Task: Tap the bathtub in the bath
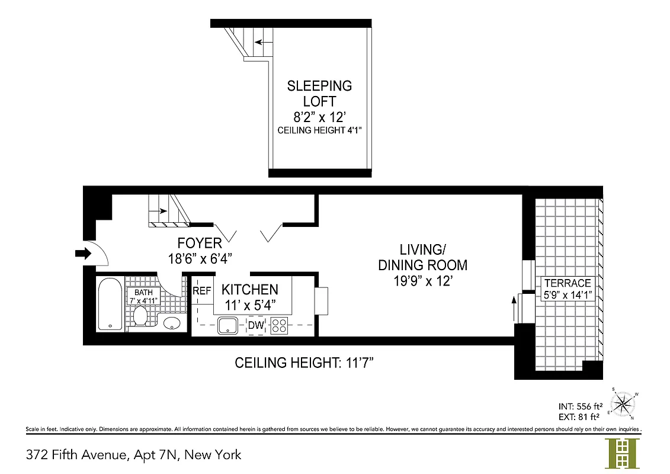110,305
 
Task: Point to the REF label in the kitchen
202,291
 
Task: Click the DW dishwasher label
256,325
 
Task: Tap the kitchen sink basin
227,325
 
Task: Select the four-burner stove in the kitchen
279,326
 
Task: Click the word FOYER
200,243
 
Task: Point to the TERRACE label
568,283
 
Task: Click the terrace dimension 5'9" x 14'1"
568,294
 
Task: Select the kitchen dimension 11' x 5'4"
249,305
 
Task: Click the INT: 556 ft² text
581,406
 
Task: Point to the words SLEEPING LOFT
319,93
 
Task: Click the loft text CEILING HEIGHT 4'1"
319,130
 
